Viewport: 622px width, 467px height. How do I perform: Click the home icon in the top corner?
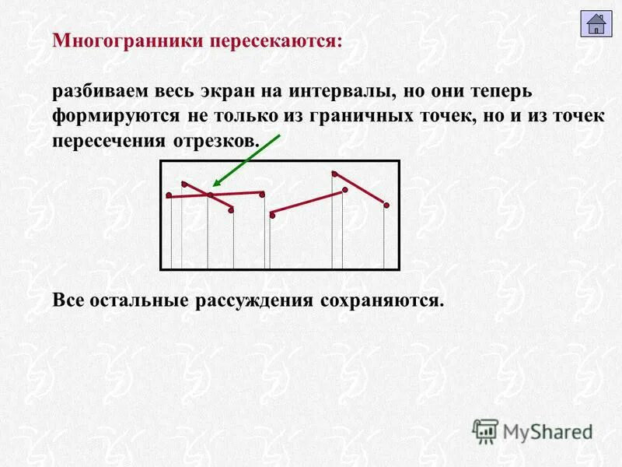click(596, 23)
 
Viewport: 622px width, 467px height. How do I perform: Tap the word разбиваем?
click(101, 92)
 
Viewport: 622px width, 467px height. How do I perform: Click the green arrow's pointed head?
click(216, 184)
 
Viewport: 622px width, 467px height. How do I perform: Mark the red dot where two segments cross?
click(210, 195)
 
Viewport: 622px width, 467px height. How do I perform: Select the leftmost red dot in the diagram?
click(169, 195)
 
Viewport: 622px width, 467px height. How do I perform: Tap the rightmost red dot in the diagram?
click(386, 205)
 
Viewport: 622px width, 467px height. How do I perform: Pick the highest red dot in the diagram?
click(334, 173)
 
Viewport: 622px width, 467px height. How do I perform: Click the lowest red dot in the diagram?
click(272, 216)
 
